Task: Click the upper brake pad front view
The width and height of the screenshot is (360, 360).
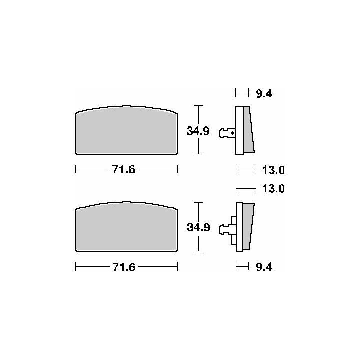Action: click(126, 130)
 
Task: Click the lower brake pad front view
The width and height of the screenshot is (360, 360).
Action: click(126, 227)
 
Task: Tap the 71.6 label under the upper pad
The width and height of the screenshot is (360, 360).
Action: click(124, 170)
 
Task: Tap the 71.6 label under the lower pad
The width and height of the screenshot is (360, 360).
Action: click(124, 267)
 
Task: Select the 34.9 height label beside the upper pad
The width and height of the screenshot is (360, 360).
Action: click(198, 131)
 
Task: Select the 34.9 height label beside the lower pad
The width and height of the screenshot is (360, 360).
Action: click(198, 227)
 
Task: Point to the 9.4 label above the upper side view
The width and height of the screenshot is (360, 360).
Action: click(264, 94)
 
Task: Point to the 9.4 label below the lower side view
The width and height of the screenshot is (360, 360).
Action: click(264, 267)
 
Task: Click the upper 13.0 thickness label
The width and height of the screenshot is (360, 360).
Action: click(273, 170)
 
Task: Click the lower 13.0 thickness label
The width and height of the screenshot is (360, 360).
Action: click(273, 188)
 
